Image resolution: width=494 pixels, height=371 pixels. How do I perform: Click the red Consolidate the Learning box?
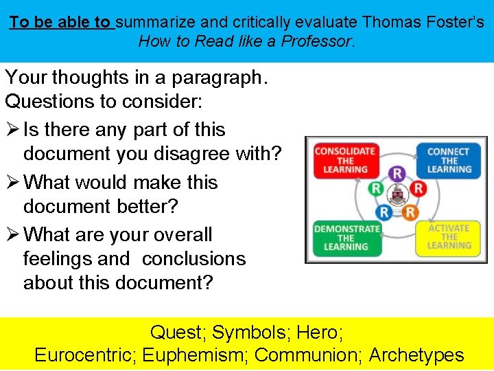(344, 160)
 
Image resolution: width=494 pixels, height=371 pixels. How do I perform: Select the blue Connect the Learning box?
(448, 160)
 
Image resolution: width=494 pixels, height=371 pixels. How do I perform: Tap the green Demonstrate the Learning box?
(346, 237)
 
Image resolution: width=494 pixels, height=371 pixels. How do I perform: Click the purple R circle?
(397, 173)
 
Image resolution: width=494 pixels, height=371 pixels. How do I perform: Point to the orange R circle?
(410, 212)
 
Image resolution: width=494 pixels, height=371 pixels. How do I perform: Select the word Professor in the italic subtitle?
(320, 41)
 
